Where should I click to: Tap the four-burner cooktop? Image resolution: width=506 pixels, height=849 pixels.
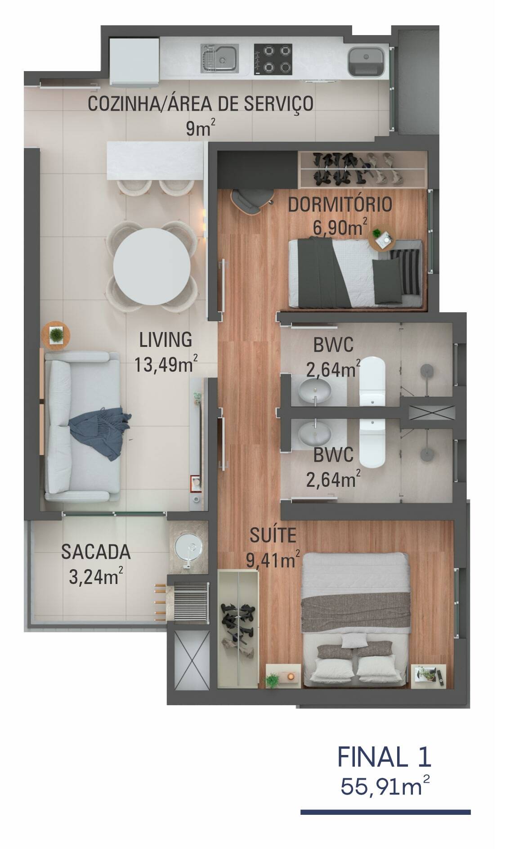273,58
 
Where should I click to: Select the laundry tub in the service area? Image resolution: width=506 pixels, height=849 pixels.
365,61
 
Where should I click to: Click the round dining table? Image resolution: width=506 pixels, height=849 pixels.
151,266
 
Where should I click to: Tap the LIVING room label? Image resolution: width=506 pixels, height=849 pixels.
166,340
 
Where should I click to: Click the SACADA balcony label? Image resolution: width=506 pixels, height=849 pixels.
96,552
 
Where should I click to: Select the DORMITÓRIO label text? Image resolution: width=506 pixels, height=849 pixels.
340,205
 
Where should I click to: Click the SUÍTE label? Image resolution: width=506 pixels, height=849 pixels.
273,535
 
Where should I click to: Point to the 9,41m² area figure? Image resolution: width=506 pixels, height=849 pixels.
273,560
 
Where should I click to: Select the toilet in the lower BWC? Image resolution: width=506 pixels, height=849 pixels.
373,443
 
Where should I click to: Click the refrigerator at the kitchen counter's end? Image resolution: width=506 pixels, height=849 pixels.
134,61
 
